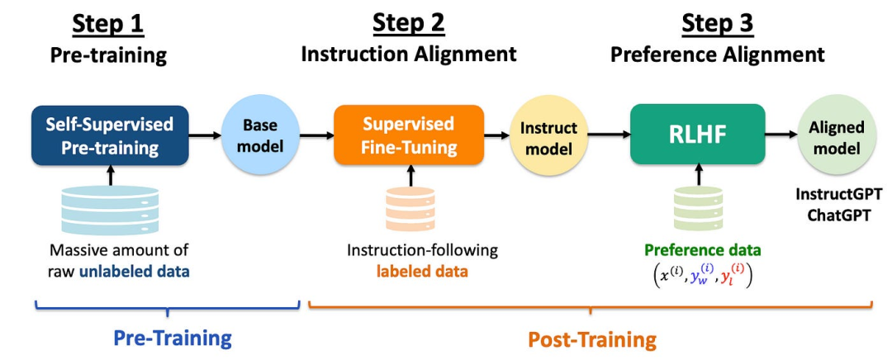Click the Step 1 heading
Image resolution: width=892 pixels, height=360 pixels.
tap(108, 24)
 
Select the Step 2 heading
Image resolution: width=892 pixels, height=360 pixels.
tap(408, 24)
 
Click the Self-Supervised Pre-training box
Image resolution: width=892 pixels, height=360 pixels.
tap(110, 136)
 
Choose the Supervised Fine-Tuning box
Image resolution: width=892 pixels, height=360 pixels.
tap(408, 136)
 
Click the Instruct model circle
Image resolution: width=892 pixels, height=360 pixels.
tap(548, 137)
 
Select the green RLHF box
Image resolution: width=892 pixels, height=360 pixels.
tap(696, 135)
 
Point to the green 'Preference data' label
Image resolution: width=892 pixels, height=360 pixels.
tap(702, 250)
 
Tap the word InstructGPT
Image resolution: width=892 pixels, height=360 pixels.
tap(837, 194)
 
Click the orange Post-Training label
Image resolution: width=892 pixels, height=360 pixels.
tap(592, 339)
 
